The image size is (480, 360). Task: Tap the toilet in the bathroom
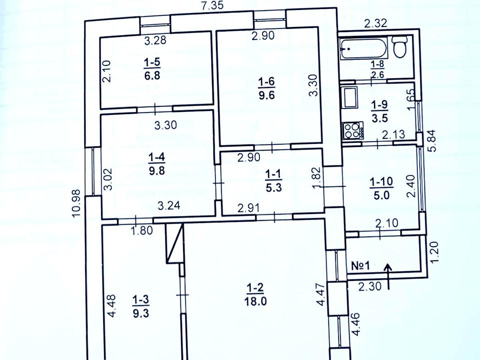click(400, 47)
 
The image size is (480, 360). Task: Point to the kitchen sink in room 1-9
click(350, 97)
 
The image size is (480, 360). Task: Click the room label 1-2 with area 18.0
click(255, 295)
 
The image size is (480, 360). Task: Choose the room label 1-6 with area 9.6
click(266, 88)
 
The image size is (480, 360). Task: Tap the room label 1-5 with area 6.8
click(152, 69)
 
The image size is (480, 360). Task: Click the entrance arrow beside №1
click(388, 276)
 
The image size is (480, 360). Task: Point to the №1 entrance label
click(360, 265)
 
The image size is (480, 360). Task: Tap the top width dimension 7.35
click(213, 6)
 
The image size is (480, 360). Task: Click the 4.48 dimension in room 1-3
click(111, 305)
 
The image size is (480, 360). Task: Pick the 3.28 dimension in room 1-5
click(155, 40)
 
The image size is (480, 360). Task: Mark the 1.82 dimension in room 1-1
click(317, 177)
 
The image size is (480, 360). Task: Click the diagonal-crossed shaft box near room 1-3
click(174, 243)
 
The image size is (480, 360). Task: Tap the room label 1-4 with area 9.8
click(156, 164)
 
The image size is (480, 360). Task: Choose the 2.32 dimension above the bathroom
click(375, 23)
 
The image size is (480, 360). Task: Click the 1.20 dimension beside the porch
click(434, 252)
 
